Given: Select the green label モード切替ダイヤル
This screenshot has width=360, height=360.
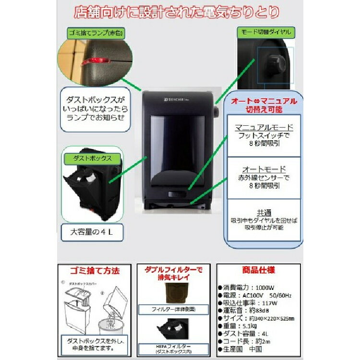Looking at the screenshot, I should point(266,32).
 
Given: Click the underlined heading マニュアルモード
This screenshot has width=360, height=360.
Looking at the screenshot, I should point(264,127).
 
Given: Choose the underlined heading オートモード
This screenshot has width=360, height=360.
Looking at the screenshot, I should point(264,169).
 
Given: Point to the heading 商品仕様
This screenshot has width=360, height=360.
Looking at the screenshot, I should point(259,270).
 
